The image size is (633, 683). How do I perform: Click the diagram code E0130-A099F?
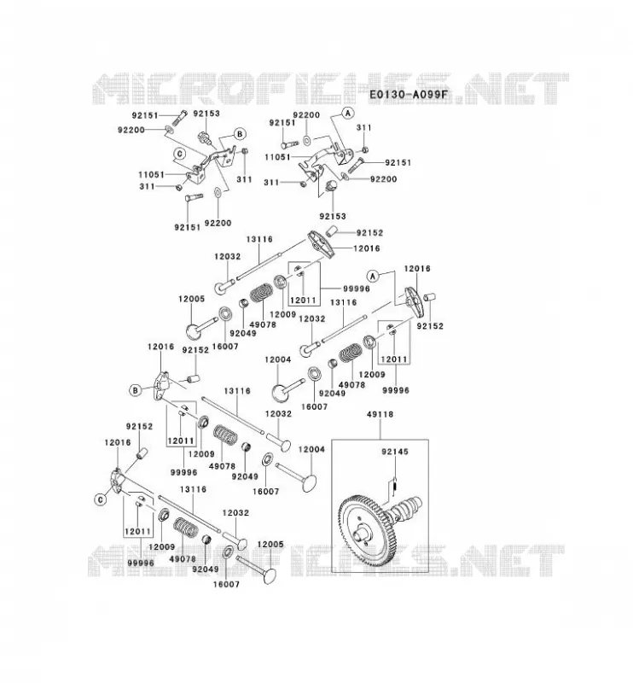point(409,94)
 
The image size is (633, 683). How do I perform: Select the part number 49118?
point(380,414)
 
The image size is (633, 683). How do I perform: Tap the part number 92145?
point(395,452)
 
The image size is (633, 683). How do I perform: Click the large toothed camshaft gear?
point(366,529)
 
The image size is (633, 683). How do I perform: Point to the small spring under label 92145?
point(394,484)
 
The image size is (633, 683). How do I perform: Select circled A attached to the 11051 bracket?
point(347,114)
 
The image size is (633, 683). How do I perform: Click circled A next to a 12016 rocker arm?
point(373,276)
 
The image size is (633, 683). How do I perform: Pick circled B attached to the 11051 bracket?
point(240,134)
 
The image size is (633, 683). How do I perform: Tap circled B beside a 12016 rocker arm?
point(135,390)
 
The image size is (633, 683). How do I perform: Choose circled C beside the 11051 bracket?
point(179,154)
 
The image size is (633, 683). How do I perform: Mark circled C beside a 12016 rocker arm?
point(101,499)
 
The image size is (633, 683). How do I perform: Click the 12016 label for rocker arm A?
point(417,269)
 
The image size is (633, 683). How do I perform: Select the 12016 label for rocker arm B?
point(160,347)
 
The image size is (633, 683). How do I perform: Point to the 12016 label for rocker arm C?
point(118,442)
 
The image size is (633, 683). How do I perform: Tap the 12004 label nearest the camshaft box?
point(311,449)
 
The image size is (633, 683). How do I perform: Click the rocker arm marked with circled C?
point(117,481)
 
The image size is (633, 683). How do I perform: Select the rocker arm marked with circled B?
point(160,385)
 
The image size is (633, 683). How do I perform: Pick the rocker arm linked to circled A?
point(414,301)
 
